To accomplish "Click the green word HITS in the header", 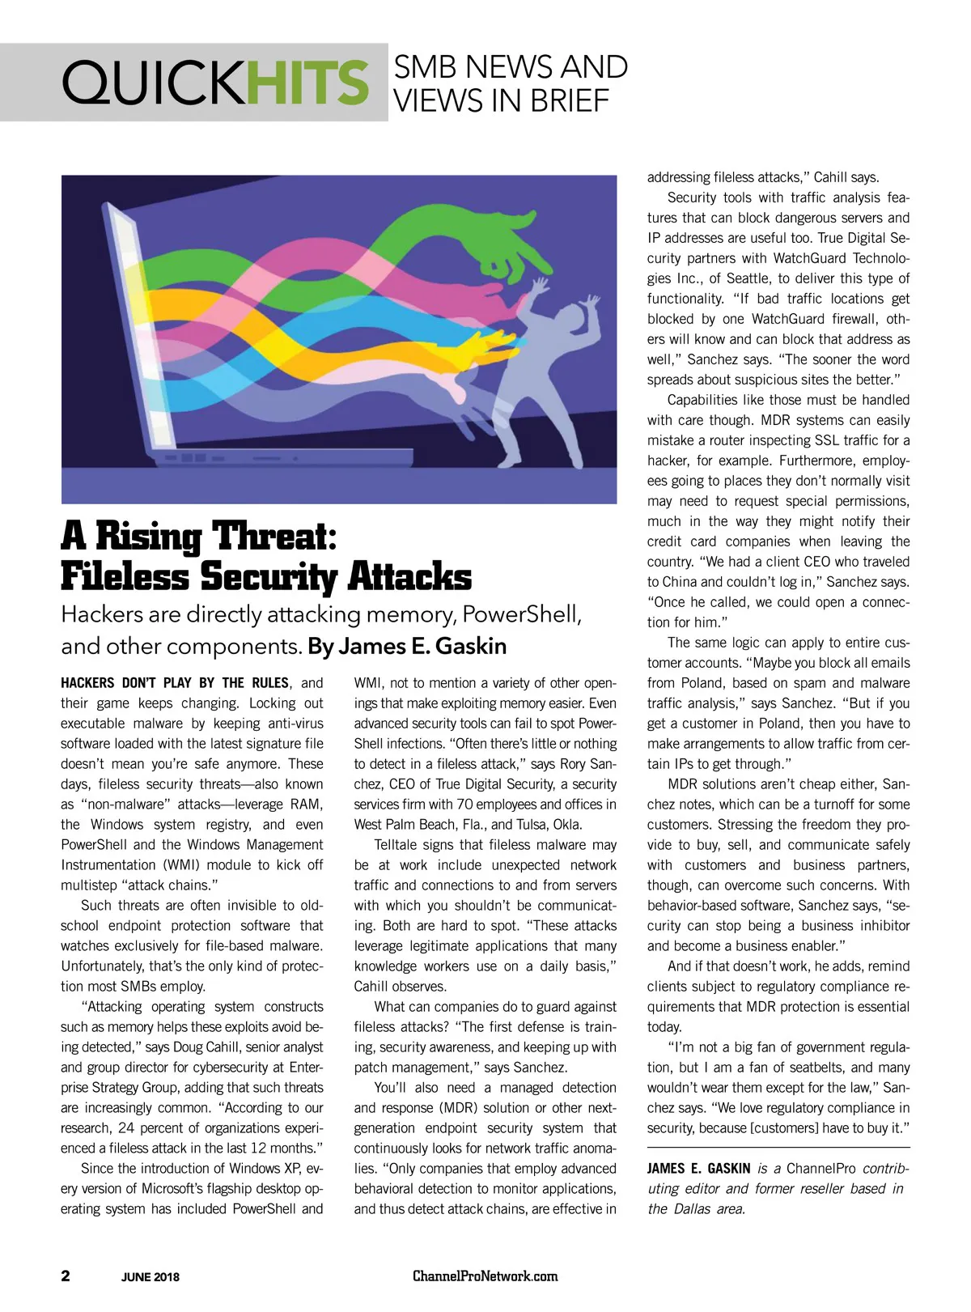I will pos(307,83).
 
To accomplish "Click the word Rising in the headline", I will pos(149,537).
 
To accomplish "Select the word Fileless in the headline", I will pos(125,577).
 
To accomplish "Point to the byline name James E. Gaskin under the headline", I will pos(422,646).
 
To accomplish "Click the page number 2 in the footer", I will pos(66,1276).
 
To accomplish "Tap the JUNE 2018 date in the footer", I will pos(151,1277).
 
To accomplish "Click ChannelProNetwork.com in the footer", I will pos(485,1276).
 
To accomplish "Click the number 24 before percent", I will pos(125,1128).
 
